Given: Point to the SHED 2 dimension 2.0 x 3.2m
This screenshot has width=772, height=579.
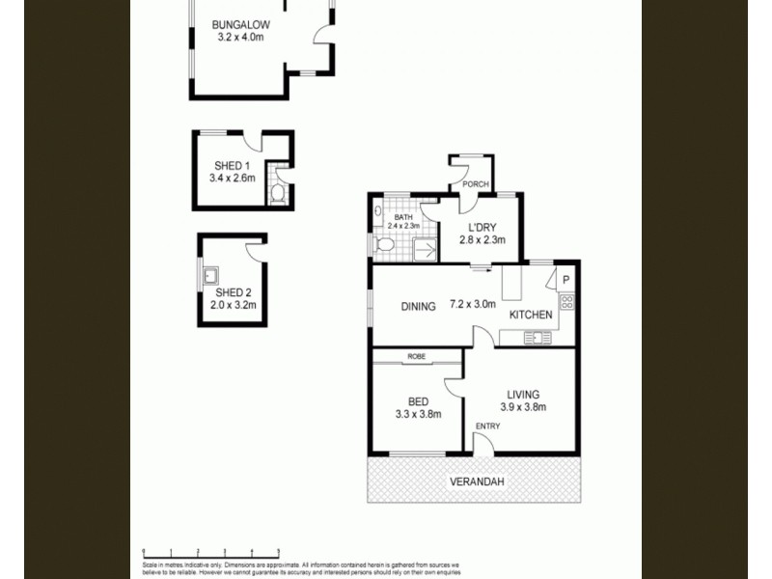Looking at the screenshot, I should tap(232, 306).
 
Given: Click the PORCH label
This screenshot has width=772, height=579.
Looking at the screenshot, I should tap(476, 184).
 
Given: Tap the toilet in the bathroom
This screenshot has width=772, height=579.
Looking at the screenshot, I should tap(384, 247).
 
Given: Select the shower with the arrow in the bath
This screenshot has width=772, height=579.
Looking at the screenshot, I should tap(422, 250).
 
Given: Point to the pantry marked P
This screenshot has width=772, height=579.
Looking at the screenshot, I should tap(566, 281).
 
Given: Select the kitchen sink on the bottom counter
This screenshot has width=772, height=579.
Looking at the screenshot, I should tap(537, 337).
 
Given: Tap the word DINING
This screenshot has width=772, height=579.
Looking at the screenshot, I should tap(420, 306).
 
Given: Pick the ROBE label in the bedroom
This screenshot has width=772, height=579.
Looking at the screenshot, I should tap(416, 357).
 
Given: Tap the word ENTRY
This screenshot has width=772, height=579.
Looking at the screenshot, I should tap(487, 426).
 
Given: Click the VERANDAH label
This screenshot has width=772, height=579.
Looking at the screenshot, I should tap(477, 482).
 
